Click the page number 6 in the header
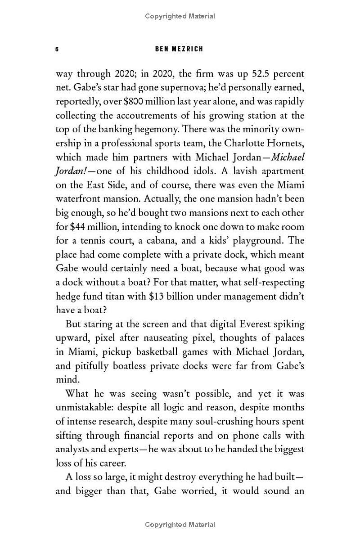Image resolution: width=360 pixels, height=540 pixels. pos(57,49)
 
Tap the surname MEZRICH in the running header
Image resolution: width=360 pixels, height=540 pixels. pos(187,49)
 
